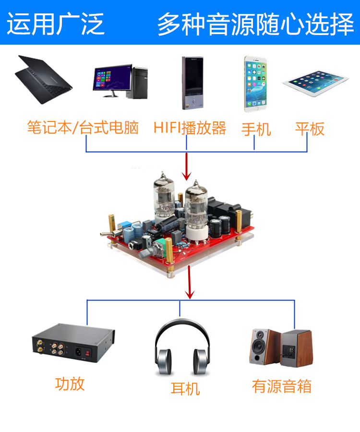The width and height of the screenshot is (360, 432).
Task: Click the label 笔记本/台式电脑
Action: click(83, 128)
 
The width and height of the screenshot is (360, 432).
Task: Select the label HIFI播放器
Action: click(190, 128)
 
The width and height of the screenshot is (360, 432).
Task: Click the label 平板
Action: click(310, 128)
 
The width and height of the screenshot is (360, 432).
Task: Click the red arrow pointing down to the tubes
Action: click(187, 166)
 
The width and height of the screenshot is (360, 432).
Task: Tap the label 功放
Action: click(70, 384)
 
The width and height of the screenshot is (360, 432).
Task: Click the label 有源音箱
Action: click(282, 386)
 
